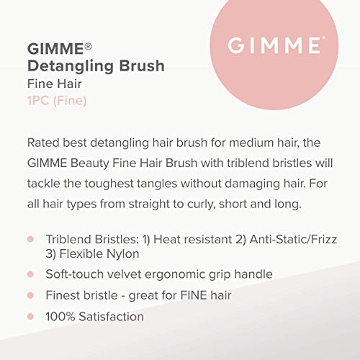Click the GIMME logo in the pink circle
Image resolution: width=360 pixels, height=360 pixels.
274,46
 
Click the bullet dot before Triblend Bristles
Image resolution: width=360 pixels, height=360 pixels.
30,238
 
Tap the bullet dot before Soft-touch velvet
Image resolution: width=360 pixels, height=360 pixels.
30,274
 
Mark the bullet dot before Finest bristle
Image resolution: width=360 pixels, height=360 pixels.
30,295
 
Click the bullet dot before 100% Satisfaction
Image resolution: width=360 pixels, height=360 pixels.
30,316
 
